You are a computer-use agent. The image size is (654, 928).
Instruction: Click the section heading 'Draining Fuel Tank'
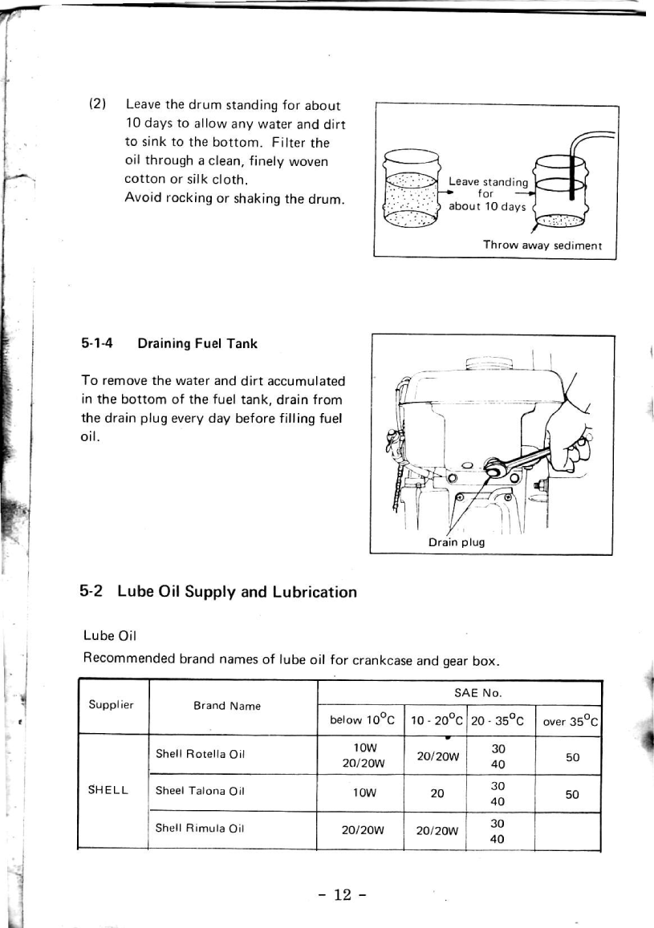197,343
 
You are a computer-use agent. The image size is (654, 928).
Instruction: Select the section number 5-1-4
97,343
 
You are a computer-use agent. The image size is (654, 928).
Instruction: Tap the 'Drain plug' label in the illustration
456,542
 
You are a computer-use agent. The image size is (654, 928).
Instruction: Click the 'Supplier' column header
112,706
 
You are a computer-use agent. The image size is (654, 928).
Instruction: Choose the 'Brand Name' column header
227,707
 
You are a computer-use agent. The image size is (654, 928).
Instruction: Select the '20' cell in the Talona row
437,792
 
